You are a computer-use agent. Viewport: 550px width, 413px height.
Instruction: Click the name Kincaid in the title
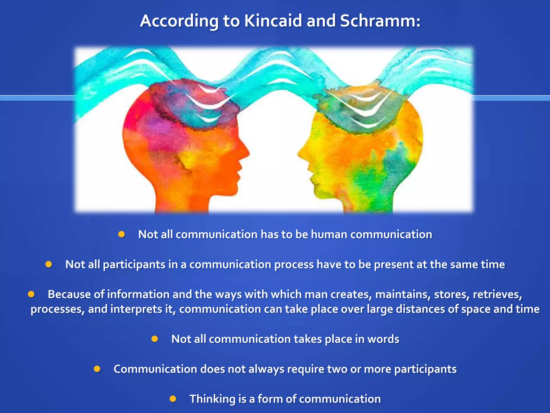click(x=273, y=21)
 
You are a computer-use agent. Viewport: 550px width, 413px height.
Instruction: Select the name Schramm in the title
click(x=378, y=21)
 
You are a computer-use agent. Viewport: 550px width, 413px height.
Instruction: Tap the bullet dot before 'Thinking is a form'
click(x=173, y=398)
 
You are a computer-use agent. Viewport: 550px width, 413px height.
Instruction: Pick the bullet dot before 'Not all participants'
click(x=49, y=264)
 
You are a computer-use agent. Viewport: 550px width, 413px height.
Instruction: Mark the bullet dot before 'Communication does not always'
click(x=97, y=369)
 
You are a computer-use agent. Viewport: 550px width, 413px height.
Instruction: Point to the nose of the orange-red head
click(x=248, y=155)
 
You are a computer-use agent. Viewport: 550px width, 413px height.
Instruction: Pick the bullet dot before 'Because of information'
click(x=31, y=294)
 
